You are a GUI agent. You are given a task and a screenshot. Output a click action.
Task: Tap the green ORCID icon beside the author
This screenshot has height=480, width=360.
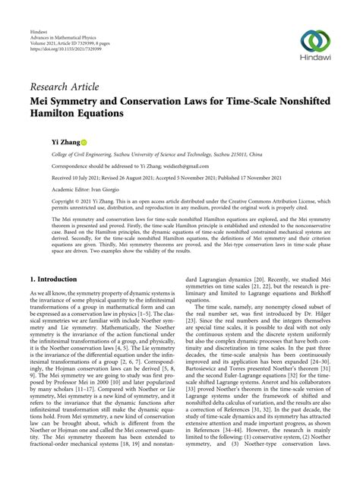tap(84, 142)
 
